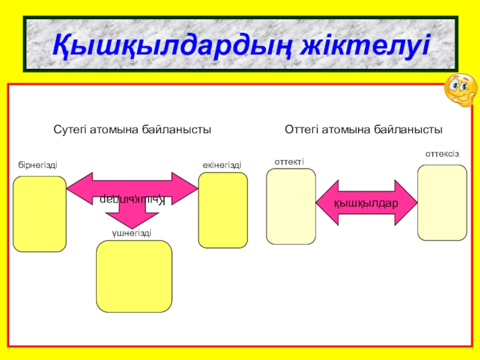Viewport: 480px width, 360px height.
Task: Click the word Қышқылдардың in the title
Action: [x=165, y=45]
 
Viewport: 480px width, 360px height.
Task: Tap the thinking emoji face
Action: [x=460, y=91]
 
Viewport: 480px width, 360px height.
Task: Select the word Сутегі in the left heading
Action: [x=70, y=129]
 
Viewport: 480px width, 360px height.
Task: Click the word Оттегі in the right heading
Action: [x=303, y=129]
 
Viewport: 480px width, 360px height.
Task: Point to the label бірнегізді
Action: [x=38, y=164]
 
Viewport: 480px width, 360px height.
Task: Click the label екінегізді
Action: [x=222, y=164]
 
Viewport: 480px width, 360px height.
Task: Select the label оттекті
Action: [x=289, y=161]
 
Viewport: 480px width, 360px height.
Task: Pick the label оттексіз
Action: [x=442, y=154]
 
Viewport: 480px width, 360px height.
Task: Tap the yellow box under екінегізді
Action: [x=223, y=210]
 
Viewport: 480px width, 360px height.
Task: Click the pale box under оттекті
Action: [x=291, y=206]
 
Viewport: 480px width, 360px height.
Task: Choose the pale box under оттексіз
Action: [x=442, y=203]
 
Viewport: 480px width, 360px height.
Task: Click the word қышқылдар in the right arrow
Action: [x=366, y=203]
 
